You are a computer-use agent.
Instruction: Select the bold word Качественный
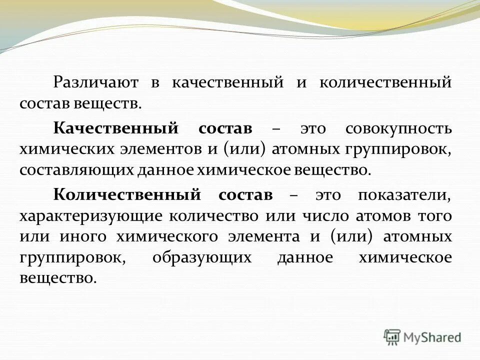pos(116,128)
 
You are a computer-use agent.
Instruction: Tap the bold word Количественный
pos(127,194)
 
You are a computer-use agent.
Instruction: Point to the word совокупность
pos(398,128)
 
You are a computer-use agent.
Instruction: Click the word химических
pos(56,149)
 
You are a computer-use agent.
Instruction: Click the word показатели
pos(404,194)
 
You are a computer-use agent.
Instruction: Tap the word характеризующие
pos(90,216)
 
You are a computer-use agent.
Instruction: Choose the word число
pos(320,216)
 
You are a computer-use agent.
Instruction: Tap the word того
pos(436,216)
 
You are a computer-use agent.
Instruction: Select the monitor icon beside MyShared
pos(392,337)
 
